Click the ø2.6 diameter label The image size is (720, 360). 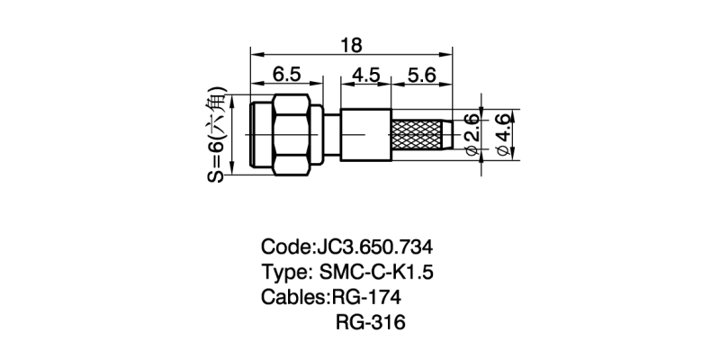pos(471,136)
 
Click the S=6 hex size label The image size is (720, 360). pos(217,135)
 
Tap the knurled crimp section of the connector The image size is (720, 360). pos(418,136)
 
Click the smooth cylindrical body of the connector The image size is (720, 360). pos(364,136)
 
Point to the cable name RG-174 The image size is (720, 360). pos(366,298)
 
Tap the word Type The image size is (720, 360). pos(283,273)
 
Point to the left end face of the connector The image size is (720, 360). pos(252,135)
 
